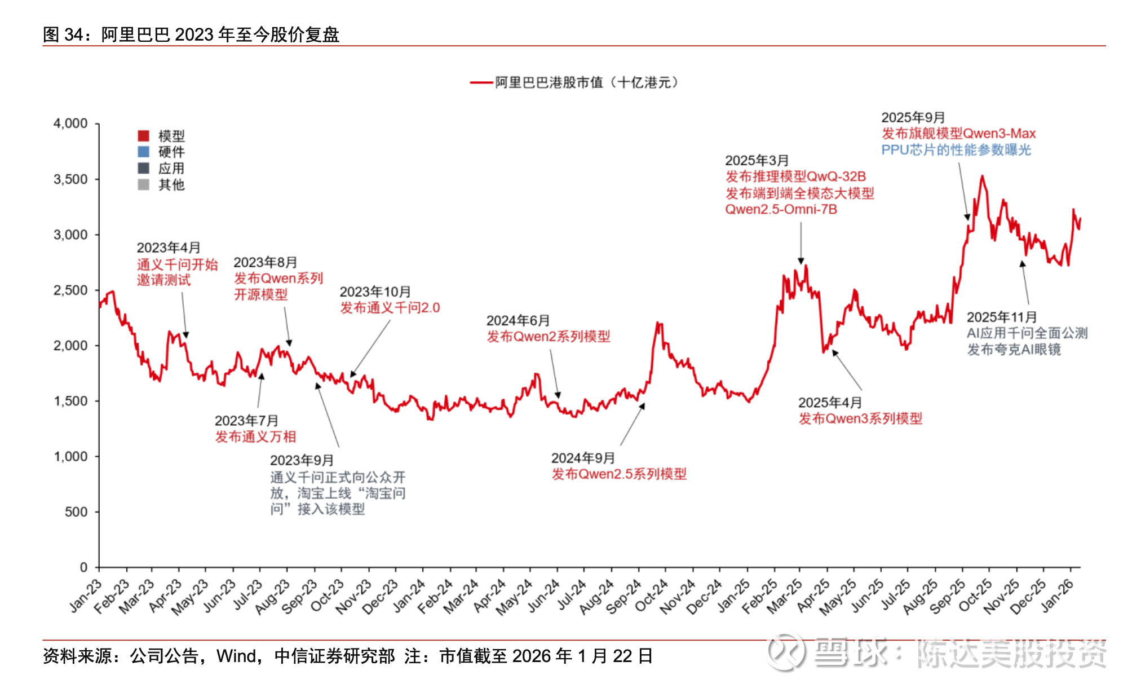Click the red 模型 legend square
(x=144, y=135)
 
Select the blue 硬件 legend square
(x=144, y=152)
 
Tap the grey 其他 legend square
(x=144, y=184)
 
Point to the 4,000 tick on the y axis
(x=70, y=124)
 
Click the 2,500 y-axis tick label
(x=70, y=290)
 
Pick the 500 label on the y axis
(x=76, y=512)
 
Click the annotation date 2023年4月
(x=169, y=248)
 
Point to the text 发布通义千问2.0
(x=390, y=308)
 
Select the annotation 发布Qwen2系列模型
(x=549, y=337)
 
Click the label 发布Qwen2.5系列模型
(x=619, y=474)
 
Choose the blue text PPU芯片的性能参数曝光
(x=956, y=150)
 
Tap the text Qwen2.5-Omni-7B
(x=781, y=210)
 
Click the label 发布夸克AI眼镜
(x=1014, y=350)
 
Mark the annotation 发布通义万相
(x=255, y=437)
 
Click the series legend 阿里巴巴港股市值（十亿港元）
(x=586, y=83)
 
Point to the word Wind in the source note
(x=236, y=656)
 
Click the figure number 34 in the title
(x=73, y=35)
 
